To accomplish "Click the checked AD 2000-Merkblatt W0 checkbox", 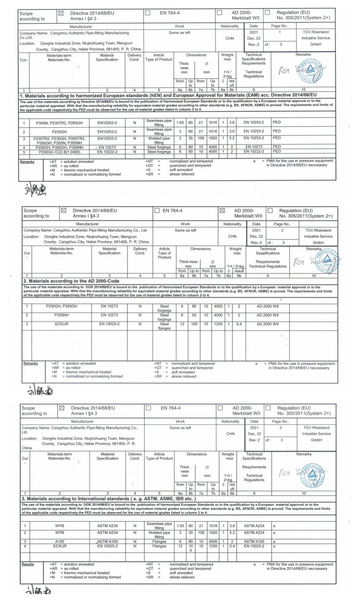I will point(222,211).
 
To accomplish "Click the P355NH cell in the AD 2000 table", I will point(61,315).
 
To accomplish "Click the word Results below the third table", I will point(28,564).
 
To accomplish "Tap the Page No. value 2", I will point(282,230).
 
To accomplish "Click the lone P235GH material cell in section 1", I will point(60,131).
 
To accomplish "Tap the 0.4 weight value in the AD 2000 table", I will point(239,323).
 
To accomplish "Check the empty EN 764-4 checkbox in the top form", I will point(148,11).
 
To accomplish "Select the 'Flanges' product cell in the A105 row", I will point(159,541).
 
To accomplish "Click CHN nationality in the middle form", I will point(232,237).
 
